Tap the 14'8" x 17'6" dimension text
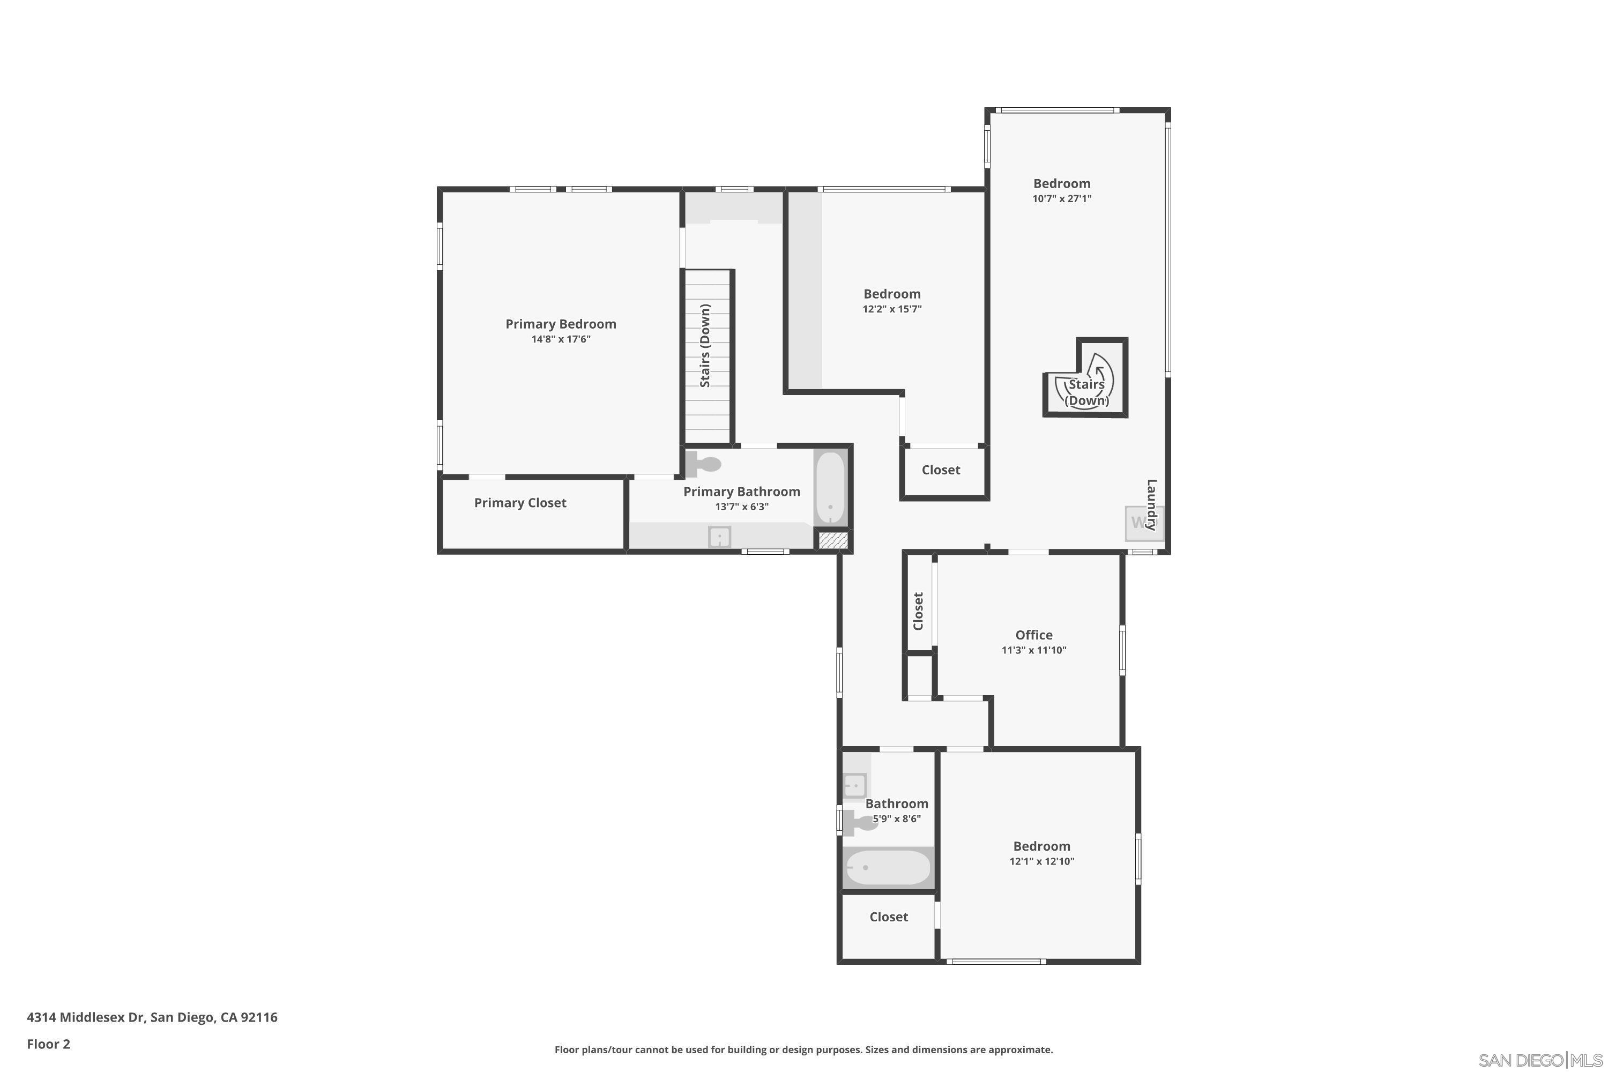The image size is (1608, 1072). tap(561, 339)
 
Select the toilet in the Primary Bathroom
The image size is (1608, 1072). tap(703, 464)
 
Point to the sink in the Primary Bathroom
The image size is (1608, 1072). tap(719, 537)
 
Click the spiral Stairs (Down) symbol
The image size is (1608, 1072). tap(1086, 384)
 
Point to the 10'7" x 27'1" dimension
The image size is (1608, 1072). tap(1062, 199)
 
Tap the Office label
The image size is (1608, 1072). tap(1034, 635)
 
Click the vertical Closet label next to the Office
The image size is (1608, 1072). tap(918, 611)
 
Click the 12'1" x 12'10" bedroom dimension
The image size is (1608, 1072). tap(1041, 861)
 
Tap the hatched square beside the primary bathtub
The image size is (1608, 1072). tap(833, 541)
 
